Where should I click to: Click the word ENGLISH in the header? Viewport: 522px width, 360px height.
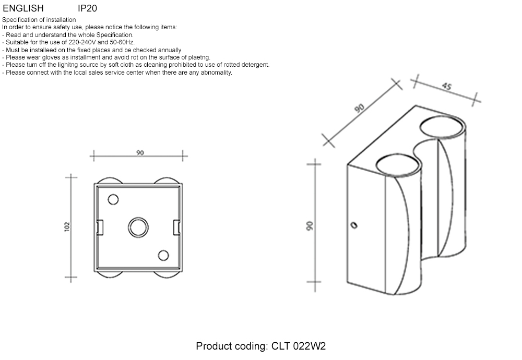coord(23,8)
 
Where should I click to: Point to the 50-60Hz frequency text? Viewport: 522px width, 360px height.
coord(120,42)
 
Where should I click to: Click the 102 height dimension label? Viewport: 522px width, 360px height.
coord(67,227)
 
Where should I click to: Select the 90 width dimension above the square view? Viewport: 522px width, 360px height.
coord(140,153)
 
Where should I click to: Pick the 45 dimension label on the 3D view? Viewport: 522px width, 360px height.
coord(446,87)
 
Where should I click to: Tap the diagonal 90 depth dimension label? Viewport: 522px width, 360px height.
coord(360,109)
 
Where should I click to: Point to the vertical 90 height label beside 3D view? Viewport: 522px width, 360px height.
coord(309,225)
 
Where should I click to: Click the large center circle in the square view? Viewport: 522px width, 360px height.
coord(138,227)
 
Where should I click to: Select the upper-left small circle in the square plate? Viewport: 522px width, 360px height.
coord(113,199)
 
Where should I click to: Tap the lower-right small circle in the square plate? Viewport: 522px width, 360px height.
coord(163,255)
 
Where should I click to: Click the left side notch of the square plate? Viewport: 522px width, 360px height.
coord(100,227)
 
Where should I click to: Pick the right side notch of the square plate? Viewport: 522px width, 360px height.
coord(176,227)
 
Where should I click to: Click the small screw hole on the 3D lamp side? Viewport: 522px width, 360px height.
coord(354,225)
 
